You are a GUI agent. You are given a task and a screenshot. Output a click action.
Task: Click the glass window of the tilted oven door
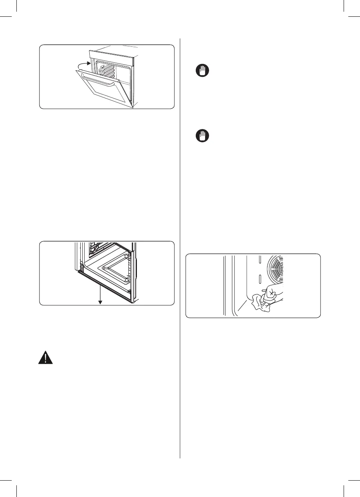point(103,92)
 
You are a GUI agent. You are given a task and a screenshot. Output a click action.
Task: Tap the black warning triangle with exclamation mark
point(45,357)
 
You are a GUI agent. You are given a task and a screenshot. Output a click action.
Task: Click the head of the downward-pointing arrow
point(100,302)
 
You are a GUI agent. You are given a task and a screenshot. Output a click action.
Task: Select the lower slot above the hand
point(259,279)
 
